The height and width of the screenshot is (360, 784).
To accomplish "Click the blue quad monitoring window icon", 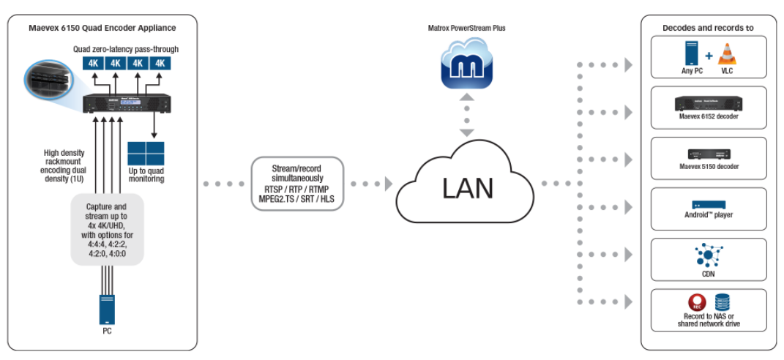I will click(x=146, y=154).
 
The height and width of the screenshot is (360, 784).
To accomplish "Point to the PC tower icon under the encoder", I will click(x=107, y=310).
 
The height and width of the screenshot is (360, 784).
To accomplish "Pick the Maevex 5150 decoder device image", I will click(x=708, y=153).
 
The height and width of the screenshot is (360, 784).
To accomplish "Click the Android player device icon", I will click(x=708, y=204).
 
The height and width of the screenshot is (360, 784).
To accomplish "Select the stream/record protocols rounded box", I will click(x=296, y=183).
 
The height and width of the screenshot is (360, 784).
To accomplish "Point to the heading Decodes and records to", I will click(x=708, y=28).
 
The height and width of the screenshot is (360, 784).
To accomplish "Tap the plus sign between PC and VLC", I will click(x=708, y=56).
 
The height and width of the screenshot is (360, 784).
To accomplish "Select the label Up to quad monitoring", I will click(x=146, y=175).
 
